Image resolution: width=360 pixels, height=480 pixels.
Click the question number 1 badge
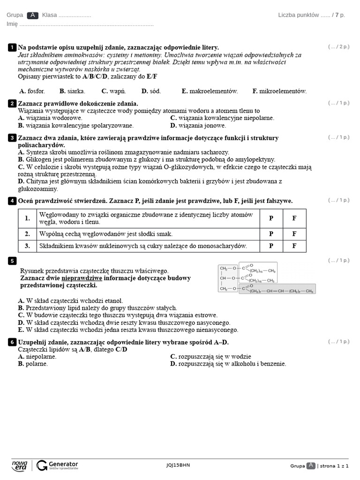pyautogui.click(x=12, y=47)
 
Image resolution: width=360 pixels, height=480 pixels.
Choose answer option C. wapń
pyautogui.click(x=113, y=91)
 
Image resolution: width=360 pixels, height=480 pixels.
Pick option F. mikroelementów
pyautogui.click(x=279, y=91)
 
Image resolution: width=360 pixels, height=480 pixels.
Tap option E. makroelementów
pyautogui.click(x=210, y=91)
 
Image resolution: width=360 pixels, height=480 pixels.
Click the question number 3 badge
pyautogui.click(x=12, y=138)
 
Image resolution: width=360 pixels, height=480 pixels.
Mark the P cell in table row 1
pyautogui.click(x=271, y=218)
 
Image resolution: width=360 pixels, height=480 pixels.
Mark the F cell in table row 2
pyautogui.click(x=294, y=233)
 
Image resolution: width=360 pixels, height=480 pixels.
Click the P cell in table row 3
pyautogui.click(x=271, y=246)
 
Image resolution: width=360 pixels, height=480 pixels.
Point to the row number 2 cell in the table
pyautogui.click(x=28, y=233)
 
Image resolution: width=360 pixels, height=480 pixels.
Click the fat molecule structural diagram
pyautogui.click(x=266, y=278)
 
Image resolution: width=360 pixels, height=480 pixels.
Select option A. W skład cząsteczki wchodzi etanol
pyautogui.click(x=70, y=300)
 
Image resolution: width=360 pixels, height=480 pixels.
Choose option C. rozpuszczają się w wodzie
pyautogui.click(x=210, y=357)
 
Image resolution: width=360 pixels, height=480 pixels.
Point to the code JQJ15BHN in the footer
pyautogui.click(x=178, y=465)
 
